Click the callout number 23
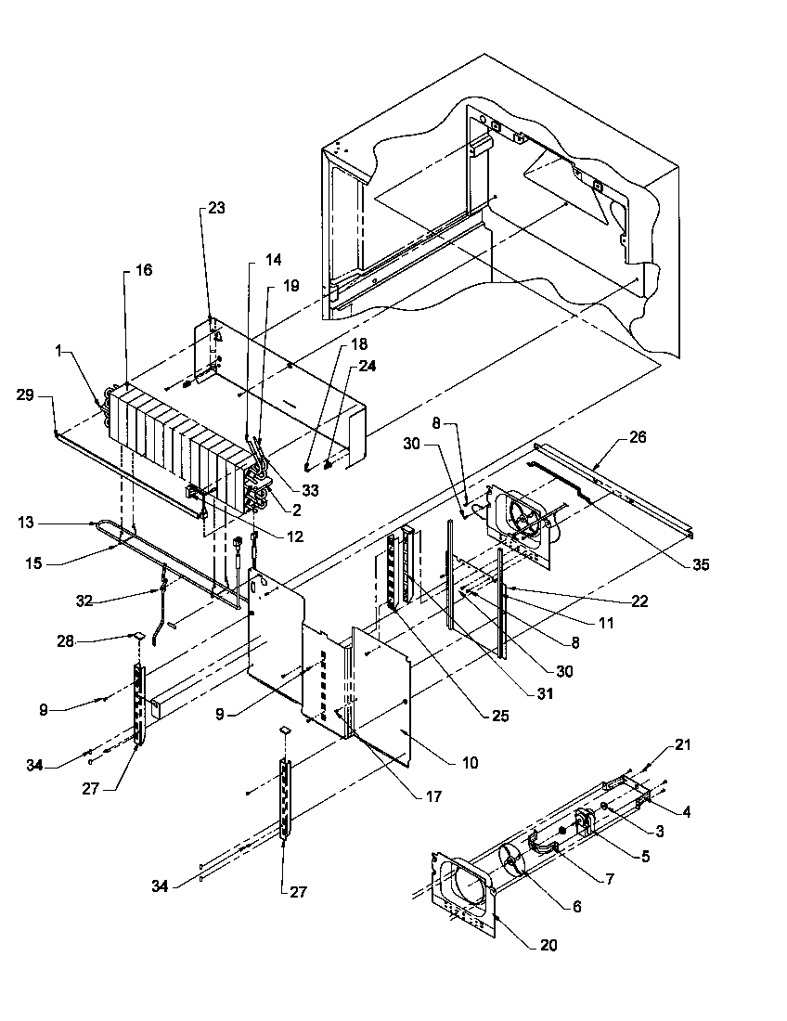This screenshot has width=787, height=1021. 216,208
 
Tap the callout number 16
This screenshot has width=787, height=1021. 144,269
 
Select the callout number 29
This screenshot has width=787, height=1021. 25,394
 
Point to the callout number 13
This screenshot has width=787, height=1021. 25,523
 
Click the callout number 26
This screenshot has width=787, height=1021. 638,437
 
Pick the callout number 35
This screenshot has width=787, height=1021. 701,564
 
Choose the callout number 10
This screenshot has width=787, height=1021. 470,762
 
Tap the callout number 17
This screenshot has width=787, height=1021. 433,795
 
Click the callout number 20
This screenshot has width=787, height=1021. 548,945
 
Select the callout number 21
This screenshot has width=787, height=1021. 683,744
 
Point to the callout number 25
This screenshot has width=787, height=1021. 500,716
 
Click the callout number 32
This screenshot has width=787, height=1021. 84,601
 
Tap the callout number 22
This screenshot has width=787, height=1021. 639,601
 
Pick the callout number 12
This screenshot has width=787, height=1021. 295,536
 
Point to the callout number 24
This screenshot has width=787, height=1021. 368,367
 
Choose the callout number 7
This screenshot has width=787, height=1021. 610,880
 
